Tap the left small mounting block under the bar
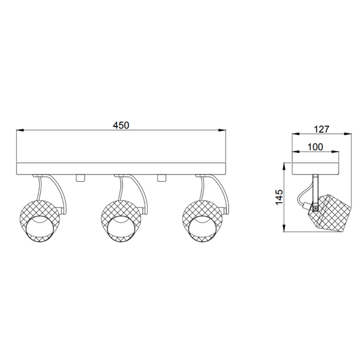tap(80, 178)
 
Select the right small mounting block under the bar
tap(161, 178)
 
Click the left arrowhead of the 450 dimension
tap(19, 130)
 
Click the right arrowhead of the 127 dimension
tap(351, 134)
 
